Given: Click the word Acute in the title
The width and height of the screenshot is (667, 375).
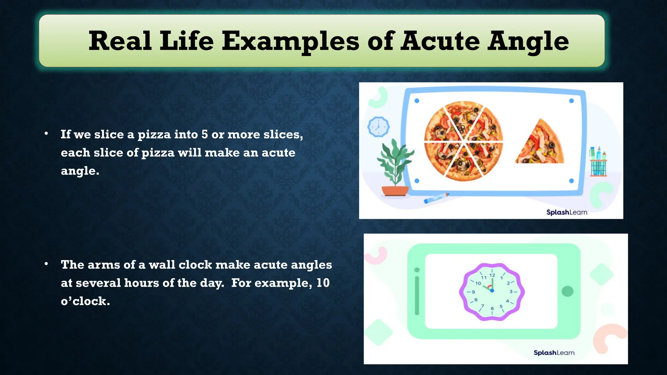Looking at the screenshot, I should [x=440, y=41].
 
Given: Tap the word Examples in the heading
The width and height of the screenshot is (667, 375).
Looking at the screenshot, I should [x=291, y=41].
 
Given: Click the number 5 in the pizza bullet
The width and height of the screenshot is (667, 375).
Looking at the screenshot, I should [x=205, y=134].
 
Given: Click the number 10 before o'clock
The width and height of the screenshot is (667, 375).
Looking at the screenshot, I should [x=323, y=283].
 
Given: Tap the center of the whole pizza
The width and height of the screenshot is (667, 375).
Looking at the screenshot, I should [x=463, y=141].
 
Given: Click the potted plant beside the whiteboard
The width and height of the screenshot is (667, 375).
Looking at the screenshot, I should [x=395, y=169].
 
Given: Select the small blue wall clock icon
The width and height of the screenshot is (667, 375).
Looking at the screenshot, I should [x=378, y=127].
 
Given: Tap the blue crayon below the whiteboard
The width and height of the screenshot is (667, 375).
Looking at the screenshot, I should [x=436, y=198].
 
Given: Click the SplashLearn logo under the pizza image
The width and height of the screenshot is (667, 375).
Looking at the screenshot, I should [x=567, y=212].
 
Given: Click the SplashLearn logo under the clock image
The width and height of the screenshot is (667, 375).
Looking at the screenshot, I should [x=554, y=353].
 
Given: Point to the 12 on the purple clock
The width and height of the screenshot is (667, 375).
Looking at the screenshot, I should [x=492, y=275].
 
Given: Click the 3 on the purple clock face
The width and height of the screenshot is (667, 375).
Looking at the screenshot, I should [x=511, y=291].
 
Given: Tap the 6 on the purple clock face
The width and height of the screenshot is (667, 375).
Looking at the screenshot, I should [x=492, y=308].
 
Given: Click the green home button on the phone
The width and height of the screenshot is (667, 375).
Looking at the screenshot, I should [x=567, y=291].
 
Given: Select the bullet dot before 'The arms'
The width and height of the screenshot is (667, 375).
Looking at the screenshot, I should [x=47, y=264].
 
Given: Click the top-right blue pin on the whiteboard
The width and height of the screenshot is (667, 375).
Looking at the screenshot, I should [x=571, y=101].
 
